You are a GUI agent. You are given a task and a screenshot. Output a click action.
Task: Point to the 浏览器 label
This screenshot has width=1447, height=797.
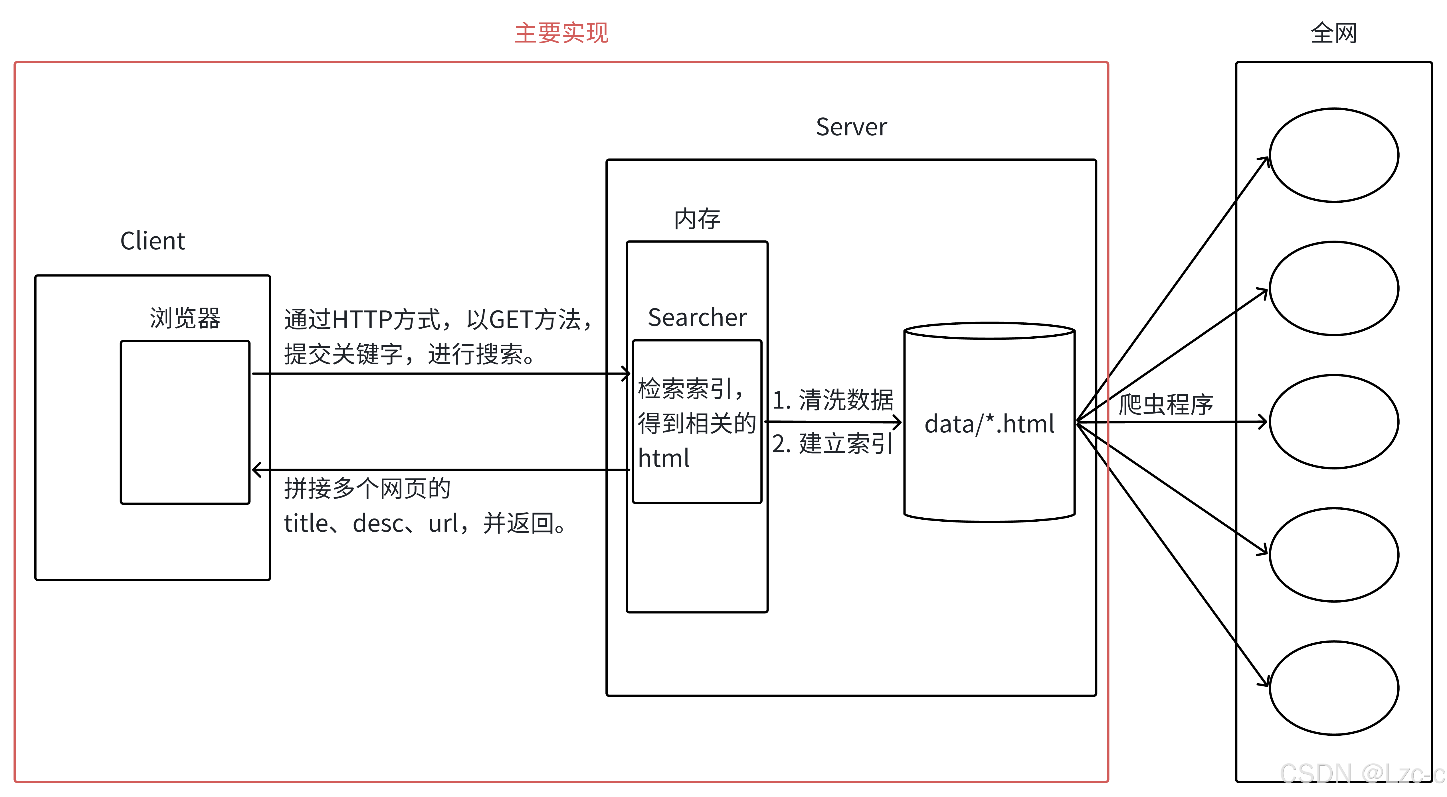click(x=185, y=318)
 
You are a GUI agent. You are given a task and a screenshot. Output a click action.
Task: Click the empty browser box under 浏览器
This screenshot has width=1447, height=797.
click(x=185, y=422)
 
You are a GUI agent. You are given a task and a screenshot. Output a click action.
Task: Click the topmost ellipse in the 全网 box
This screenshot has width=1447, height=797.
click(x=1333, y=155)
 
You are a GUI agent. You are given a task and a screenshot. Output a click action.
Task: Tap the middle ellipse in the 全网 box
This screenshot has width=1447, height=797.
click(x=1333, y=422)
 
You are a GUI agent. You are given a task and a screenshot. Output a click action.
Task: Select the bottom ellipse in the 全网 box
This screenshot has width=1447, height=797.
click(x=1333, y=688)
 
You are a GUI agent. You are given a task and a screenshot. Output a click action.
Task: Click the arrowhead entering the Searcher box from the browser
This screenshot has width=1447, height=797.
click(x=626, y=373)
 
